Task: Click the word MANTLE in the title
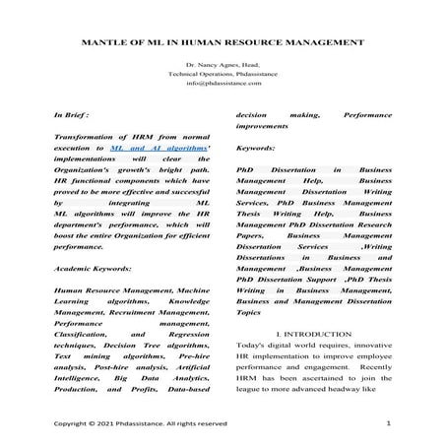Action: [95, 42]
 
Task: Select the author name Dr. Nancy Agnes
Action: [215, 65]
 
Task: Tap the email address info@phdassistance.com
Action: [223, 85]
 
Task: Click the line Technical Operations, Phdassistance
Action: [223, 75]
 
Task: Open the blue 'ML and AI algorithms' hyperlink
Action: [150, 144]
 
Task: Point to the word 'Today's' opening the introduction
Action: [257, 352]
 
